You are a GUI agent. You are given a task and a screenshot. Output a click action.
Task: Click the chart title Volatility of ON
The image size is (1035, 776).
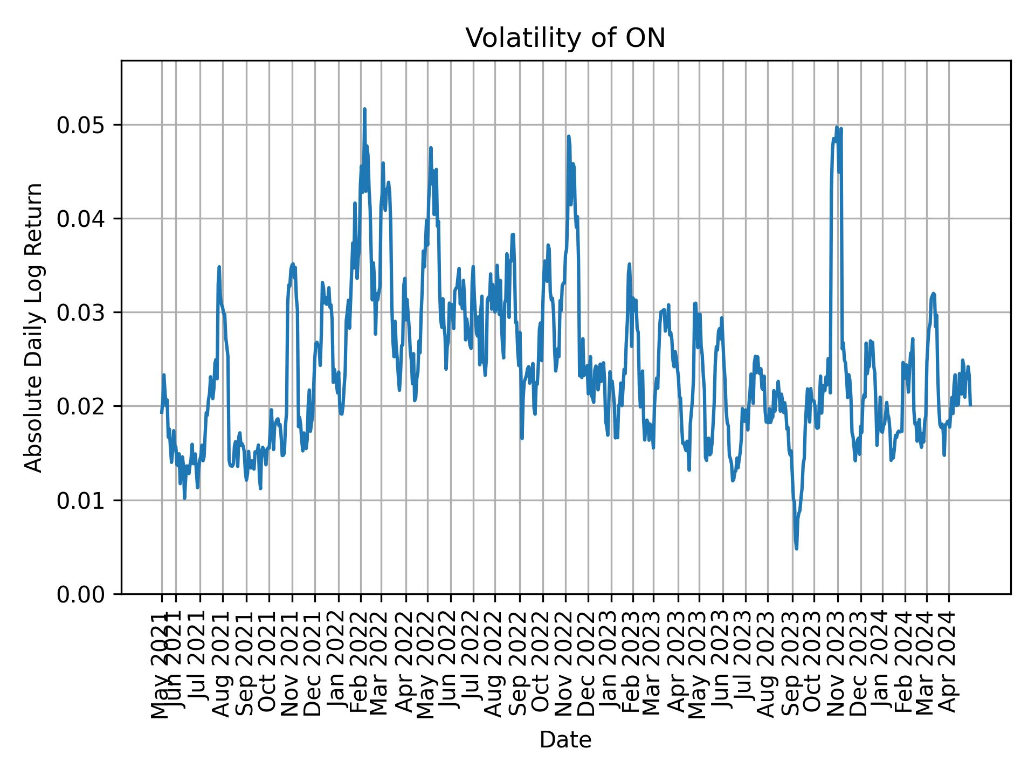tap(565, 38)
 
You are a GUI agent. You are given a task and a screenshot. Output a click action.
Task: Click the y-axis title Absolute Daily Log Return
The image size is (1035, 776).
tap(34, 327)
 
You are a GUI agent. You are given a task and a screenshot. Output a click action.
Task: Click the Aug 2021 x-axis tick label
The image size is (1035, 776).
tap(223, 664)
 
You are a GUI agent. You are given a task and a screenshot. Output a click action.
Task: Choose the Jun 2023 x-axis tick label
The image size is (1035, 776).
tap(722, 664)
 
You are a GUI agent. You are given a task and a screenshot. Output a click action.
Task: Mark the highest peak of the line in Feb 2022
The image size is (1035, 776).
tap(364, 109)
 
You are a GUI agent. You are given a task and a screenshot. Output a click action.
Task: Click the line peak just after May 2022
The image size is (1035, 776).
tap(431, 148)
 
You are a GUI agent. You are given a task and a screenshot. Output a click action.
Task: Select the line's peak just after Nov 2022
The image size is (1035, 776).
tap(568, 136)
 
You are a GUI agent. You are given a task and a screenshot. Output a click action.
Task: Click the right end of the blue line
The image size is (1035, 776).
tap(970, 405)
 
